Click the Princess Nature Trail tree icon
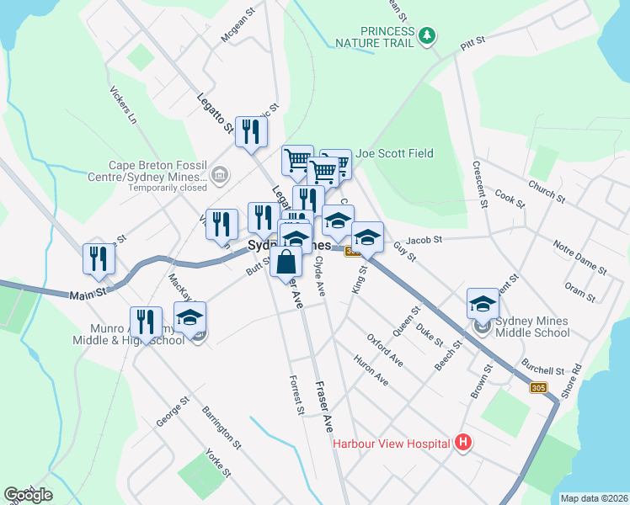[429, 35]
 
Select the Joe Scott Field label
[394, 153]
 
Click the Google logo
[28, 495]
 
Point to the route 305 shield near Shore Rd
[539, 388]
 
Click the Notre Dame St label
[580, 258]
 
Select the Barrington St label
[222, 426]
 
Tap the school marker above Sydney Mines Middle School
[483, 304]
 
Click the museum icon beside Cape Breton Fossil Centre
[220, 176]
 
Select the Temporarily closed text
[167, 189]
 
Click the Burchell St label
[542, 369]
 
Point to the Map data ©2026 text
[595, 498]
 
